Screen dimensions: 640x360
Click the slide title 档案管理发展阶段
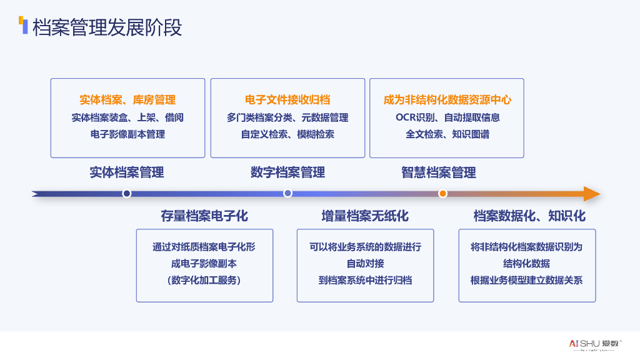[107, 27]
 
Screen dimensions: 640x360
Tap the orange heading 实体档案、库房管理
[127, 100]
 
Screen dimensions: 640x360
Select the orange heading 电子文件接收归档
[287, 100]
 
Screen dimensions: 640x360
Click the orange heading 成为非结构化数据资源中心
[447, 100]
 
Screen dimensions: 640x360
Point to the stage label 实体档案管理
[127, 172]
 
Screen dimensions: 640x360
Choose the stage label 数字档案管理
[287, 172]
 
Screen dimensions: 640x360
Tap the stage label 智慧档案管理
[439, 172]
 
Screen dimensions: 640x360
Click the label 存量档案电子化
[204, 216]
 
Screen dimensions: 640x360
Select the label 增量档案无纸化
[365, 216]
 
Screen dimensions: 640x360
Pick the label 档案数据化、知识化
[529, 216]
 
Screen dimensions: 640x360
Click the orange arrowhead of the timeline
[591, 194]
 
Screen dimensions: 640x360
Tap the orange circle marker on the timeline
[442, 194]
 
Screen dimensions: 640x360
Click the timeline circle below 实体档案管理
[127, 194]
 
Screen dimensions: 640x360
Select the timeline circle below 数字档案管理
[287, 194]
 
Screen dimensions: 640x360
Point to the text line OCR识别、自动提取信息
[447, 117]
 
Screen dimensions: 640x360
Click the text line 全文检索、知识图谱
[447, 134]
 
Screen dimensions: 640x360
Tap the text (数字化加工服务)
[204, 280]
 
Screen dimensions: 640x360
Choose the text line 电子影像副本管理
[127, 134]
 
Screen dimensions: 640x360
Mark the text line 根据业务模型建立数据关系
[527, 280]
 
